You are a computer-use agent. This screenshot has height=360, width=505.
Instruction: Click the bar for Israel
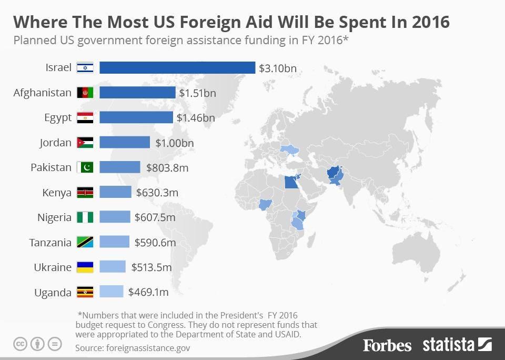coord(177,68)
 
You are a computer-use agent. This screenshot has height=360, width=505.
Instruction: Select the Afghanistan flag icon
coord(85,93)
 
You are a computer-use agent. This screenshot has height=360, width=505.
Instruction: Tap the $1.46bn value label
coord(196,117)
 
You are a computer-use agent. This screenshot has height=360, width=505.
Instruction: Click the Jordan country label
coord(55,143)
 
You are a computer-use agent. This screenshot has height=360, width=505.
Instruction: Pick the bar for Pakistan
coord(120,167)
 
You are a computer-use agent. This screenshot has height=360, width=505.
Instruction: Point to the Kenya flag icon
coord(85,193)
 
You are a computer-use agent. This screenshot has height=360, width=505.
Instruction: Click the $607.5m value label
coord(155,217)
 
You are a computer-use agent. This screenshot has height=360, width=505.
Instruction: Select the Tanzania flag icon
coord(85,242)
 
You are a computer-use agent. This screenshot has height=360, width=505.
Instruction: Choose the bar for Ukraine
coord(113,267)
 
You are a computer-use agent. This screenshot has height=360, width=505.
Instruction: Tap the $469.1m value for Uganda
coord(148,292)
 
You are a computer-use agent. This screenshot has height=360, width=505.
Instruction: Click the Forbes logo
coord(387,345)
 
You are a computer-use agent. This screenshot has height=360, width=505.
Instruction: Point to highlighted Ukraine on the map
coord(289,149)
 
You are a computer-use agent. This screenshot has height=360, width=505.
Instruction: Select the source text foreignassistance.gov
coord(148,348)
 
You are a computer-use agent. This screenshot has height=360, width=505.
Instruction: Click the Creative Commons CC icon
coord(20,344)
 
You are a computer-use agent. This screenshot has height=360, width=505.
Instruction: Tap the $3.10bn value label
coord(278,68)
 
